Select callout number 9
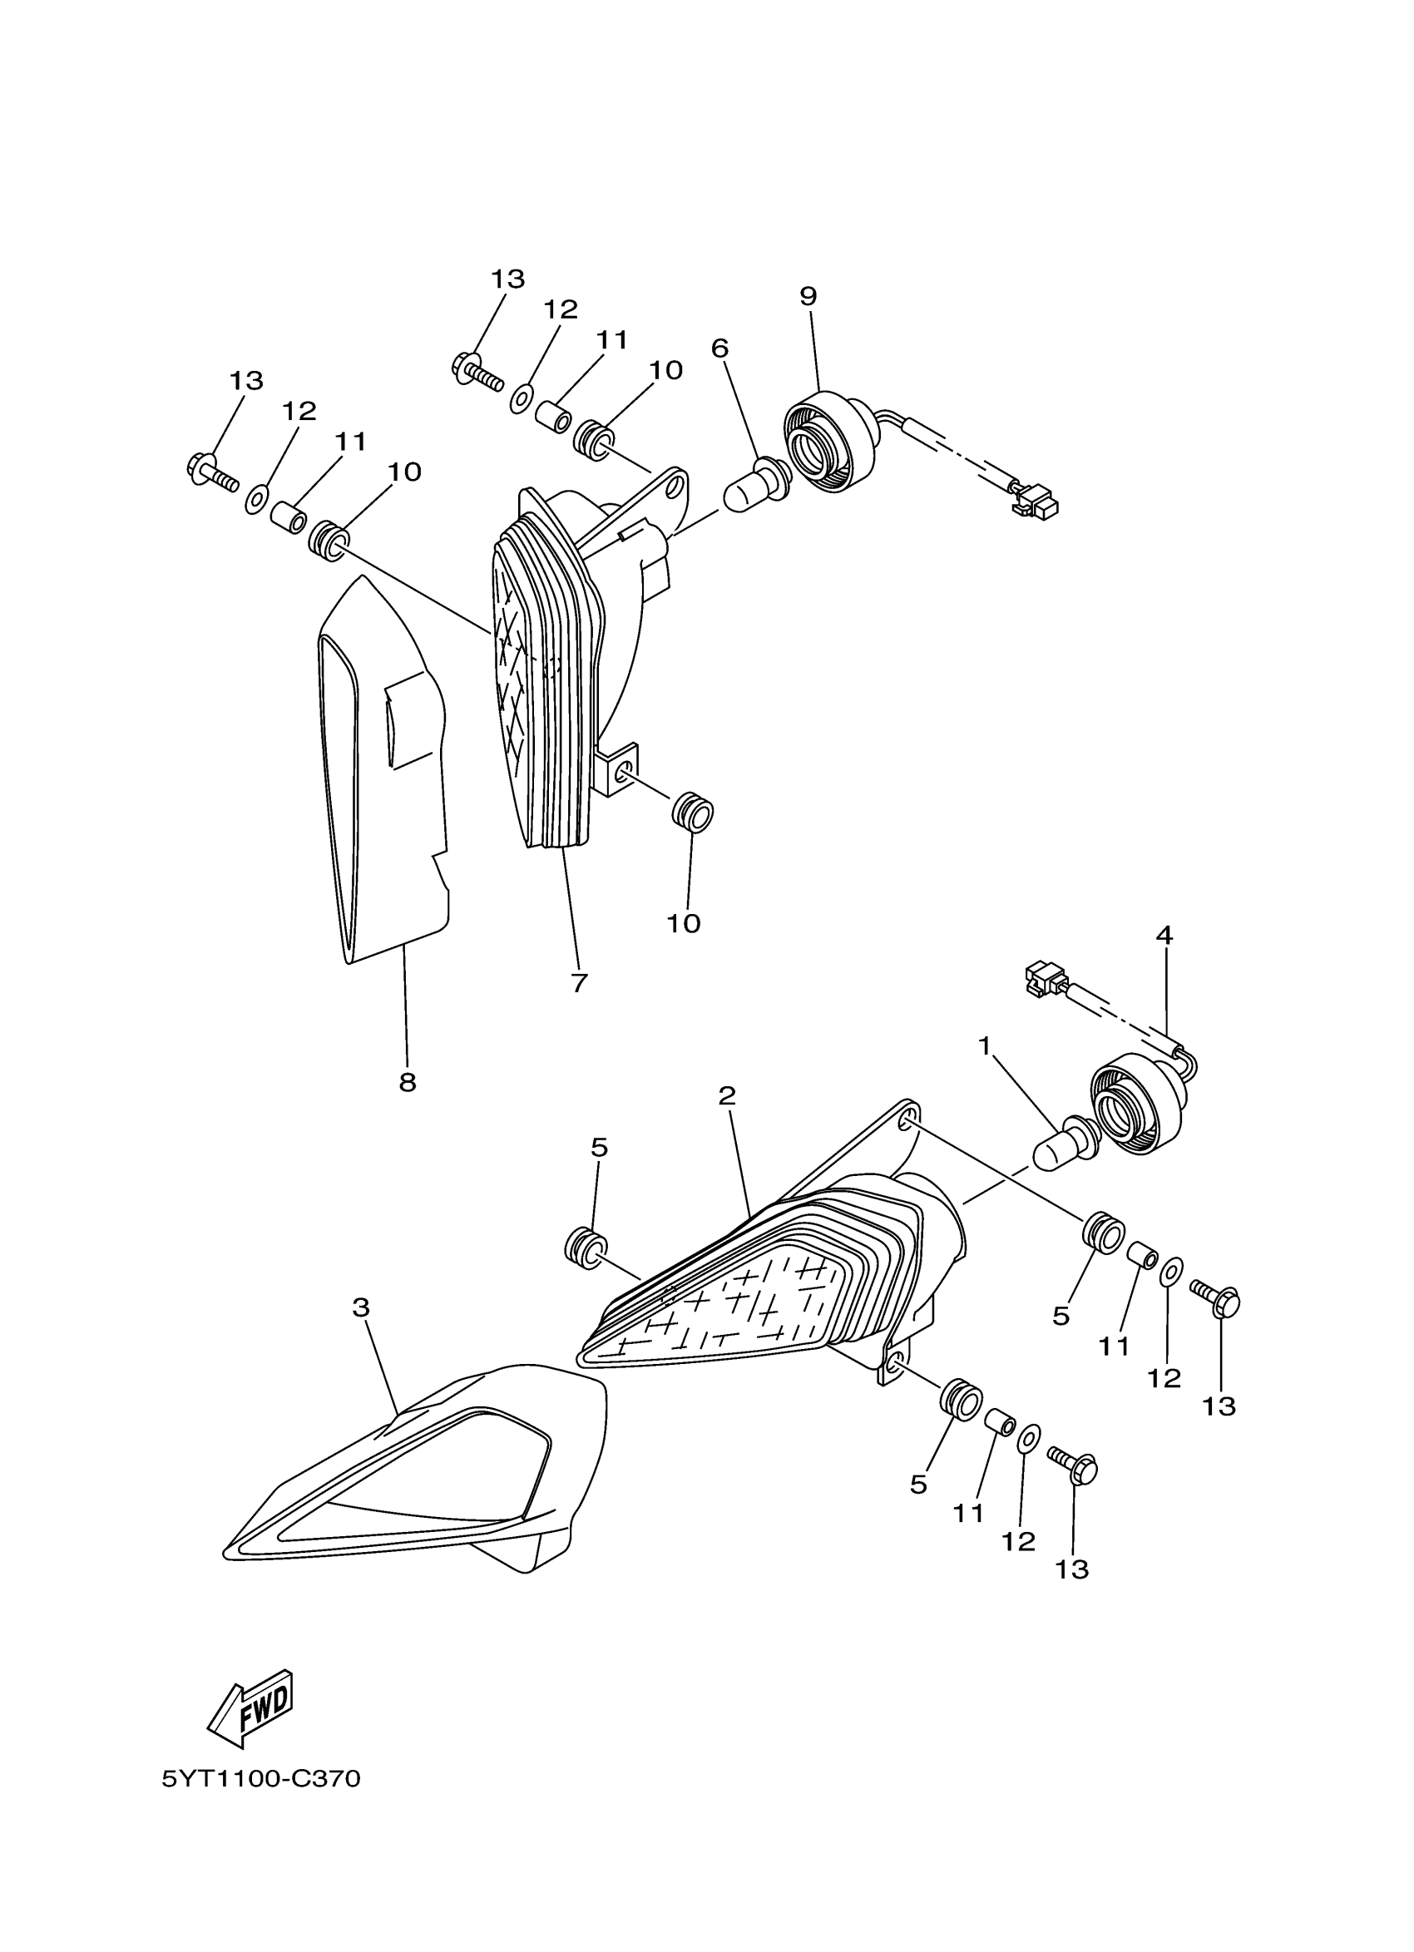808,296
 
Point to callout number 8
407,1082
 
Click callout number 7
578,983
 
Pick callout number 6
719,348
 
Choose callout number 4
1164,935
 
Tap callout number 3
361,1307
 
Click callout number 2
727,1095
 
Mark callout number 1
985,1045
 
